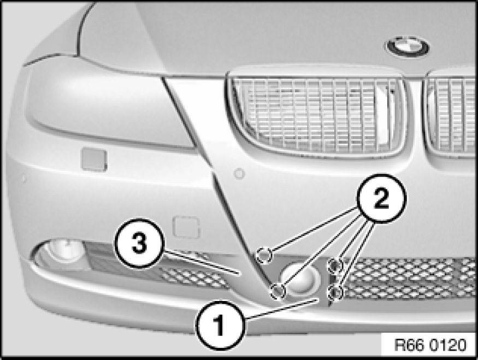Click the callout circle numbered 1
[220, 325]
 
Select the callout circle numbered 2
[381, 198]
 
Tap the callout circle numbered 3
[139, 243]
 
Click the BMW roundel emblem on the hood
[408, 47]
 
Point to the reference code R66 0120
[430, 345]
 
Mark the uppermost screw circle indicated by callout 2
[264, 254]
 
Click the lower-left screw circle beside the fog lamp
[278, 291]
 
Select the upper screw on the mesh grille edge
[335, 265]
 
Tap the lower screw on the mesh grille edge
[335, 292]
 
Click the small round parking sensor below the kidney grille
[239, 174]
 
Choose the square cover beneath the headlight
[94, 160]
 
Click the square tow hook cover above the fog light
[186, 227]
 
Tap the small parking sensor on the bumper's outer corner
[23, 179]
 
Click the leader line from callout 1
[281, 309]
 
